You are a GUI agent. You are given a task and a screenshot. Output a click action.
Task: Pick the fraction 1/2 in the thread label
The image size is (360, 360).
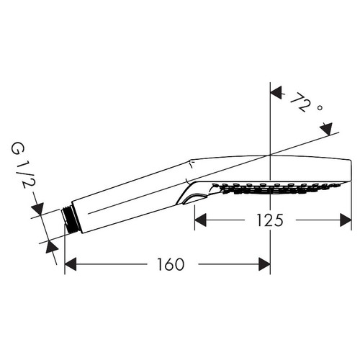point(16,179)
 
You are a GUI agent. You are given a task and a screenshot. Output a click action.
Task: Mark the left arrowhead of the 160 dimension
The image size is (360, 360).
point(71,264)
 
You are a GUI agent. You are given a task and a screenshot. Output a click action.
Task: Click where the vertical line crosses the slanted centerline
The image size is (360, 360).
point(269,155)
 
